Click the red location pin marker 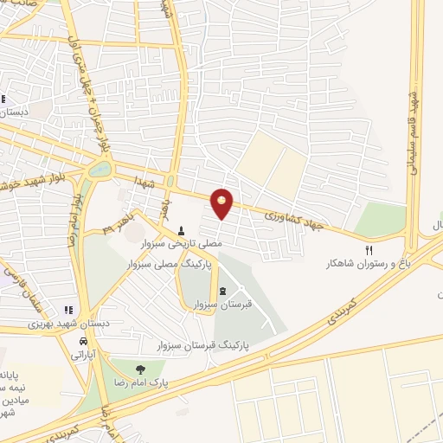[x=223, y=203]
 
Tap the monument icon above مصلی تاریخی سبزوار [x=181, y=230]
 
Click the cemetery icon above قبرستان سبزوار [x=223, y=290]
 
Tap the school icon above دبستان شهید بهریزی [x=67, y=310]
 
